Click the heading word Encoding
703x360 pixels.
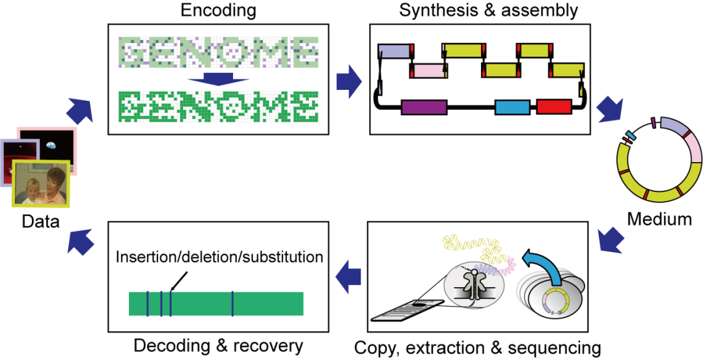coord(218,10)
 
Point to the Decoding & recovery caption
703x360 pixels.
coord(218,346)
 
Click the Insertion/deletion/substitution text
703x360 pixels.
coord(220,257)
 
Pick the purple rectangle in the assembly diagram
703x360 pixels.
coord(424,107)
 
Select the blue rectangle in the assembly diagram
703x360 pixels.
coord(513,107)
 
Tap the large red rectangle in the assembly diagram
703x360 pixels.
coord(554,107)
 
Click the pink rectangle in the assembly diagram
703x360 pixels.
coord(428,71)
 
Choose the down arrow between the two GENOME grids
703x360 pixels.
coord(218,79)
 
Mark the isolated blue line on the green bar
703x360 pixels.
coord(232,304)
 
